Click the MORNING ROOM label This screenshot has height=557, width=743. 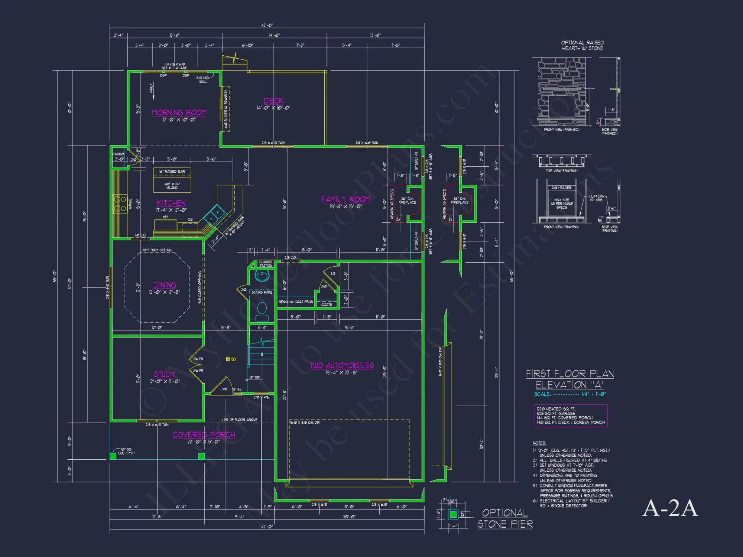[x=179, y=113]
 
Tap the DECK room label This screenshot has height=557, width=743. [x=274, y=101]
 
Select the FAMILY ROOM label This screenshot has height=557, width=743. [x=346, y=199]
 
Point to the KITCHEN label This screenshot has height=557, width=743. [x=171, y=203]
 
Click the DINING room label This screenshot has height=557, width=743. [x=165, y=285]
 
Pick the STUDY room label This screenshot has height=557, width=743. [x=165, y=374]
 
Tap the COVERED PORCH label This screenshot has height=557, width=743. [x=204, y=434]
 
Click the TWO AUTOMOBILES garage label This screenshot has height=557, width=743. [x=342, y=365]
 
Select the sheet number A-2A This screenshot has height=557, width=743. [x=670, y=508]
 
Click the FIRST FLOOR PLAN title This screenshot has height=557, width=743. [x=570, y=374]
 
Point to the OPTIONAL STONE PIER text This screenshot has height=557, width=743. [x=505, y=518]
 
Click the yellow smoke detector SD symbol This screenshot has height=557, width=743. [x=228, y=359]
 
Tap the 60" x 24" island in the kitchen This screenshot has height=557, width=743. [x=172, y=185]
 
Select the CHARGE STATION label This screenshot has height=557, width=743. [x=266, y=264]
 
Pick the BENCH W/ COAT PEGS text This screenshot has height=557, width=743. [x=296, y=302]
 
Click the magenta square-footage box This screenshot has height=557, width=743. [x=571, y=416]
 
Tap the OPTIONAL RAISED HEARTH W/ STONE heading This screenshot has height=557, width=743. [x=582, y=45]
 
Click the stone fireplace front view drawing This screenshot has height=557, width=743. [x=561, y=92]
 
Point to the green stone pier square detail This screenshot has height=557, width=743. [x=453, y=514]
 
